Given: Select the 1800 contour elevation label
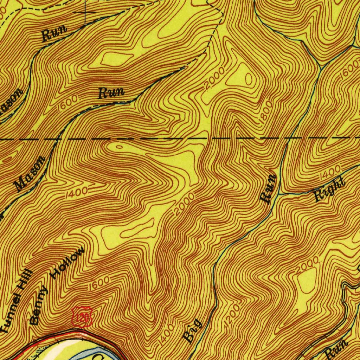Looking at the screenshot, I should [265, 112].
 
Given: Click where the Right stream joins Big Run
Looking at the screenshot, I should [279, 194].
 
